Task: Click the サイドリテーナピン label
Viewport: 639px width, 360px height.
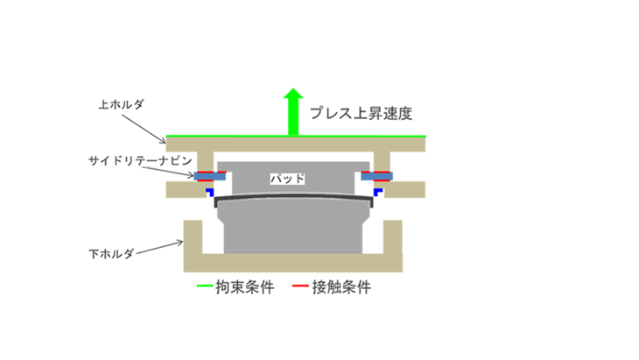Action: point(138,161)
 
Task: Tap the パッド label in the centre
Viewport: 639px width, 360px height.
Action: point(288,178)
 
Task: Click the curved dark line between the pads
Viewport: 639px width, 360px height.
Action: point(292,198)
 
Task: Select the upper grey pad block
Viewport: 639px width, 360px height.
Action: point(289,166)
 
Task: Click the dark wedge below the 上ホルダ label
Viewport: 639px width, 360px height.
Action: point(143,132)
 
